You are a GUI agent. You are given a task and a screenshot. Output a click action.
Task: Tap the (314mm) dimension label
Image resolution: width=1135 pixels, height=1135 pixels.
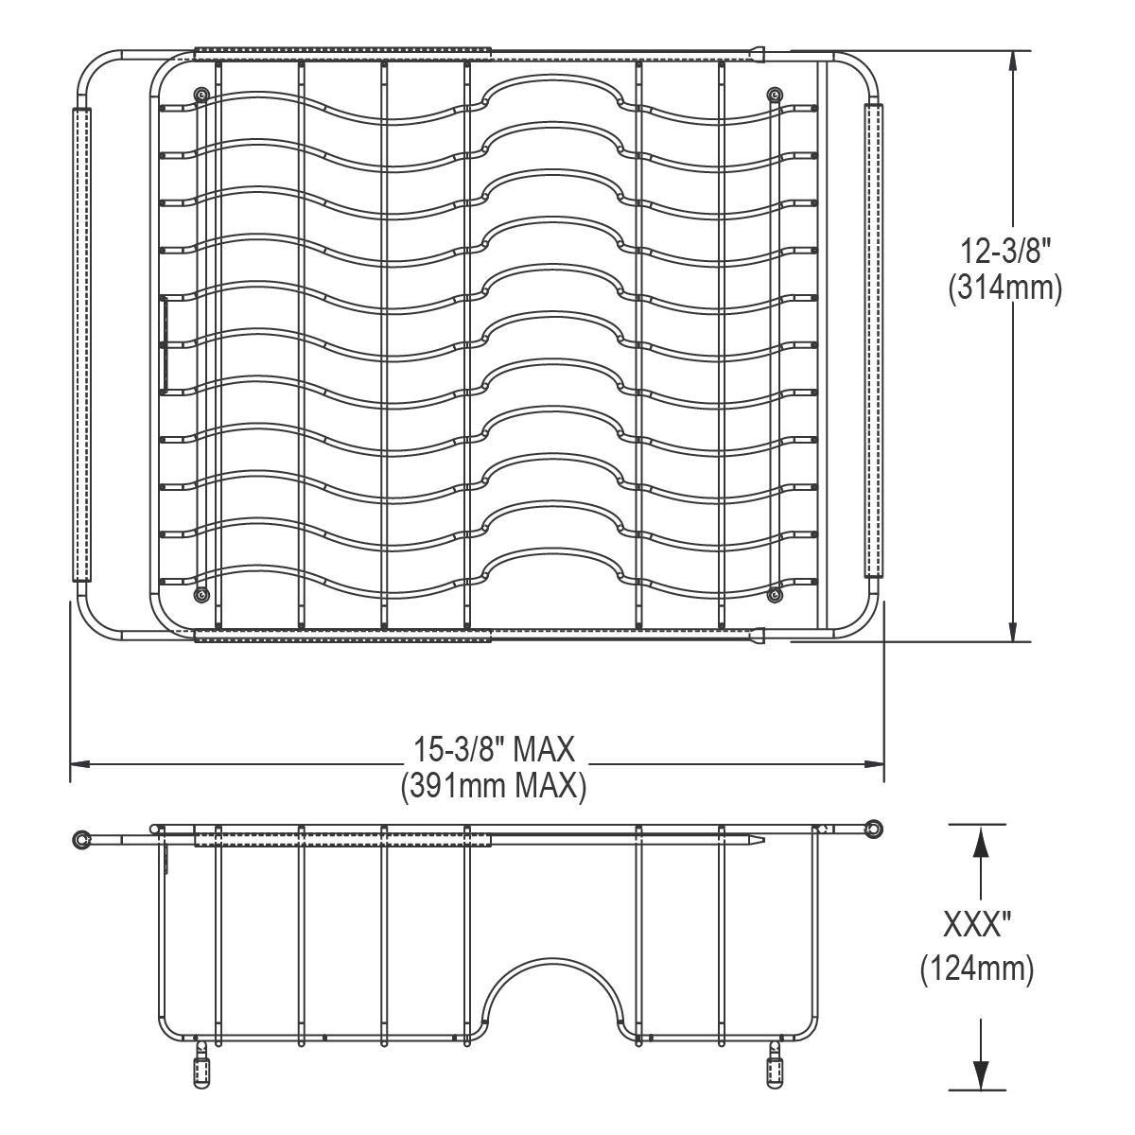1004,289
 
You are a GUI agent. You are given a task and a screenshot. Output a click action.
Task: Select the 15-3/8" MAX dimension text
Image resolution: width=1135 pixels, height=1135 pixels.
494,749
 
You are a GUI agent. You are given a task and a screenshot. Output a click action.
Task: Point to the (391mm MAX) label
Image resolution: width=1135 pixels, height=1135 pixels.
494,786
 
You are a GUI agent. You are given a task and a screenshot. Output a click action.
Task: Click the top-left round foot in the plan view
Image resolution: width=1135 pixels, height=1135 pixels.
202,95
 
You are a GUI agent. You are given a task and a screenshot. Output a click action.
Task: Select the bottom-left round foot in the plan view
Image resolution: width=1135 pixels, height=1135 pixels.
202,595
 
